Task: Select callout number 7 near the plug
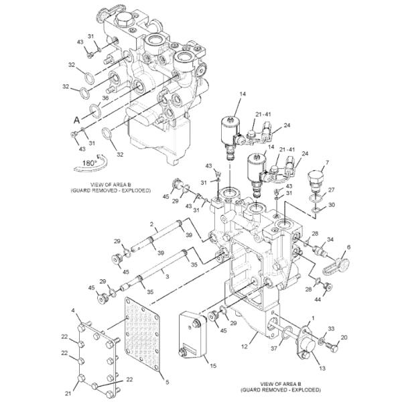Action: click(x=326, y=163)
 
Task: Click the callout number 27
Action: click(x=331, y=190)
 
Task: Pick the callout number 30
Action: click(x=331, y=205)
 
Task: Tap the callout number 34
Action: click(x=330, y=239)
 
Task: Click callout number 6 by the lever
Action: click(x=348, y=247)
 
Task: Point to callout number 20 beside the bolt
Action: click(x=344, y=338)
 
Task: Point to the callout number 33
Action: click(x=331, y=328)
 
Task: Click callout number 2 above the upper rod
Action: click(x=152, y=224)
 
